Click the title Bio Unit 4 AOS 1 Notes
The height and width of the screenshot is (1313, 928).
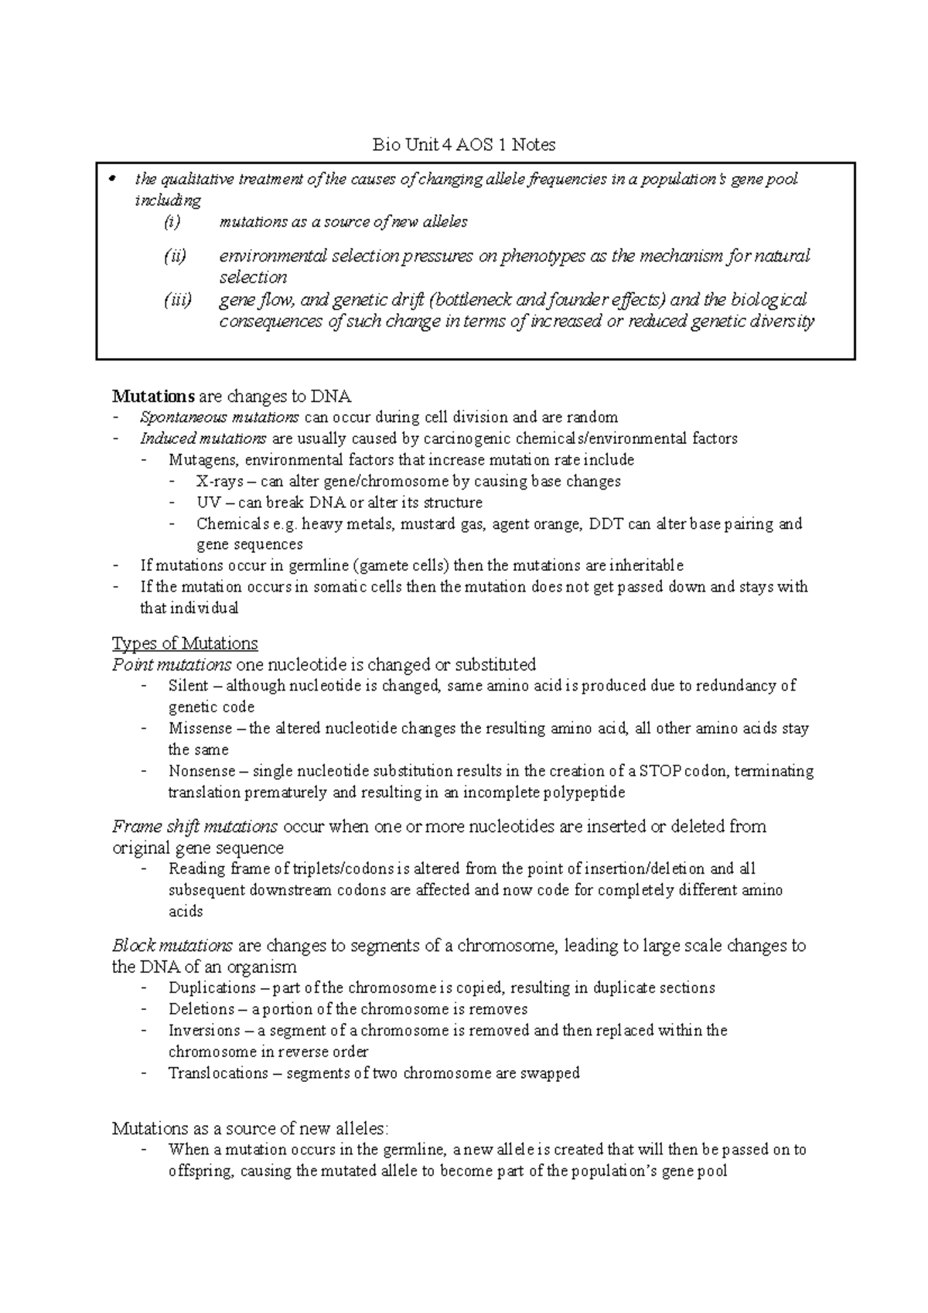(464, 145)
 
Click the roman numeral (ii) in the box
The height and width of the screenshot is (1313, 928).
(175, 256)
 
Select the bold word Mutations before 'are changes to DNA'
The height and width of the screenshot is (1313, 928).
(153, 397)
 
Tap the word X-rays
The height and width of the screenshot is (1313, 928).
(219, 482)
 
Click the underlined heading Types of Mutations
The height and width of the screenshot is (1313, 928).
(185, 643)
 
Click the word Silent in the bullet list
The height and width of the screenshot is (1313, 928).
(188, 686)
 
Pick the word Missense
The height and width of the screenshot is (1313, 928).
(200, 728)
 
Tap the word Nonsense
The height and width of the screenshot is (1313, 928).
(202, 771)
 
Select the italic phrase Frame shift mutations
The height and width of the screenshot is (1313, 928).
(195, 827)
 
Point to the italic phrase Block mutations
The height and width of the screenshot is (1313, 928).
(172, 946)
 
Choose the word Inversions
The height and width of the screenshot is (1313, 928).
(204, 1031)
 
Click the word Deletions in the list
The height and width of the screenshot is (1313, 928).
(201, 1009)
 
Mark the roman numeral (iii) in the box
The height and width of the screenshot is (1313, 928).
(177, 300)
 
